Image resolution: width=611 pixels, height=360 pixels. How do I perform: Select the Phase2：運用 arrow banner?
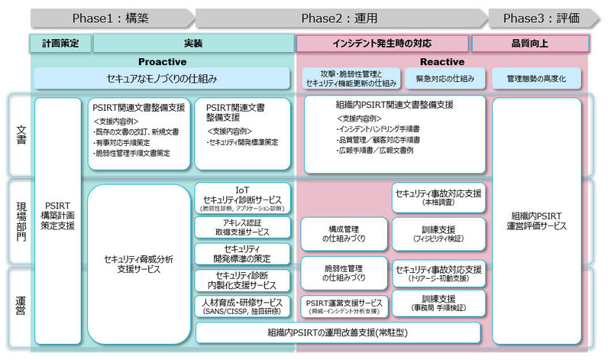341,18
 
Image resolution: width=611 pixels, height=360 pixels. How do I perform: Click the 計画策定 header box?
60,44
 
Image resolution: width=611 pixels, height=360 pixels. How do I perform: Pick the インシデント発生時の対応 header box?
382,44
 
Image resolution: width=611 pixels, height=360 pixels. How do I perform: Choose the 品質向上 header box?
530,44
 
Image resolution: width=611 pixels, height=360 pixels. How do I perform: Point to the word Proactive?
162,62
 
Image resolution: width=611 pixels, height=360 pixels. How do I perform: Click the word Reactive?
442,62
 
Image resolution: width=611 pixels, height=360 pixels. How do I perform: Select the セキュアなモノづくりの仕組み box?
162,79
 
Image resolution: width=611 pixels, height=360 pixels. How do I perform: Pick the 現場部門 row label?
21,222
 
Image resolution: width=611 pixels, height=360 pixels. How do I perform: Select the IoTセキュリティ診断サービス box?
242,197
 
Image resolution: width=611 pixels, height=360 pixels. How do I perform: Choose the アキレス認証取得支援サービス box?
242,227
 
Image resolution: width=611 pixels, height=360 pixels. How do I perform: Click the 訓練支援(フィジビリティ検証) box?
438,234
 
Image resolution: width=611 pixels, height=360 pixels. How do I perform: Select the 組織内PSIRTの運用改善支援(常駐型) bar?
338,332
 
